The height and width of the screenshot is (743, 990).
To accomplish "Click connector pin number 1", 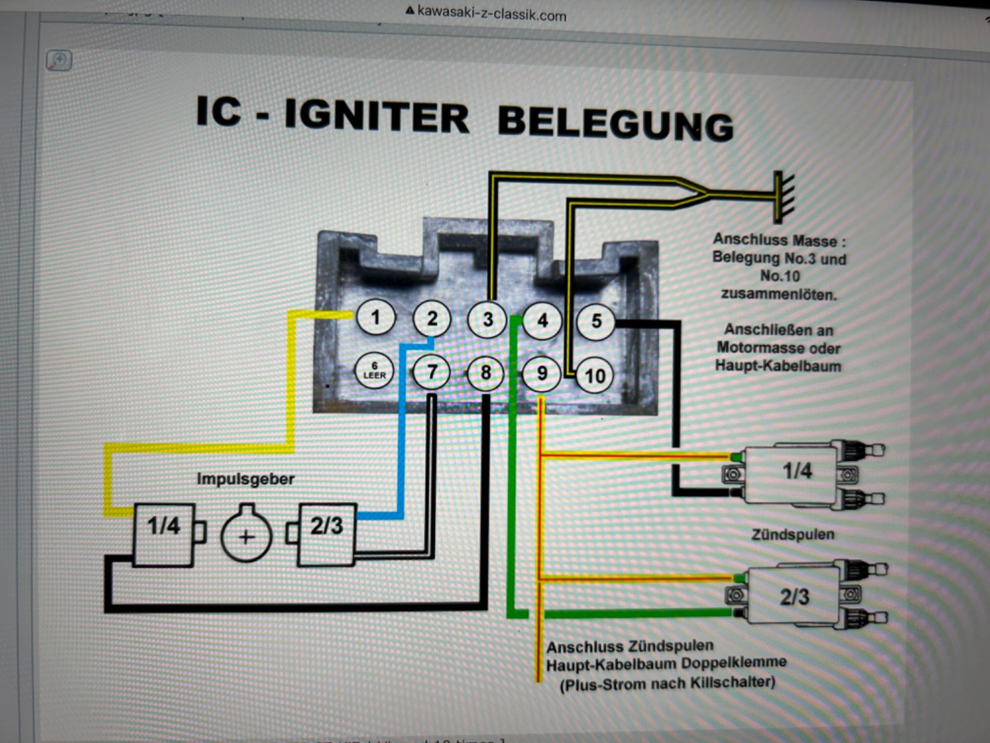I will [x=375, y=318].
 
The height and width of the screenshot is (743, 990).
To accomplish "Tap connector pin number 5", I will [x=596, y=321].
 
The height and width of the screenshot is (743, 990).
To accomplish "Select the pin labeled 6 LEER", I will [x=374, y=371].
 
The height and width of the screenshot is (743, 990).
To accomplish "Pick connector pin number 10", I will [x=595, y=375].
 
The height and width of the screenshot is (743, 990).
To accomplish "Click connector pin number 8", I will [x=486, y=373].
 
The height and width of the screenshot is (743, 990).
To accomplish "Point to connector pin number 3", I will [x=488, y=319].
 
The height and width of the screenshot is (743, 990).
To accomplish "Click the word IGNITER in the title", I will [x=376, y=116].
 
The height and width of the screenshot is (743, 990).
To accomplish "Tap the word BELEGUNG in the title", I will [x=615, y=123].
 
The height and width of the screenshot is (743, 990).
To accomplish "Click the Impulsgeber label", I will [x=245, y=479].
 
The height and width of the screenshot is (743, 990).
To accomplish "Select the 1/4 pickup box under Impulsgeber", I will [x=164, y=534].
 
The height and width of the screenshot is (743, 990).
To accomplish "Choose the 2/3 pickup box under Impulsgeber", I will [x=327, y=534].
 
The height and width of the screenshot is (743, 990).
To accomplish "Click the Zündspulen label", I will [x=792, y=534].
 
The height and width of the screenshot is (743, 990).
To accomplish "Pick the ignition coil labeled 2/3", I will [x=794, y=596].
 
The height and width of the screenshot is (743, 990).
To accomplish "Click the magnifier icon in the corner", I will [x=59, y=60].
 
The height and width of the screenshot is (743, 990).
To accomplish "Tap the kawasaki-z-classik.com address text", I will [x=491, y=13].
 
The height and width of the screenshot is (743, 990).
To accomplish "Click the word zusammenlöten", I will [x=778, y=294].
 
